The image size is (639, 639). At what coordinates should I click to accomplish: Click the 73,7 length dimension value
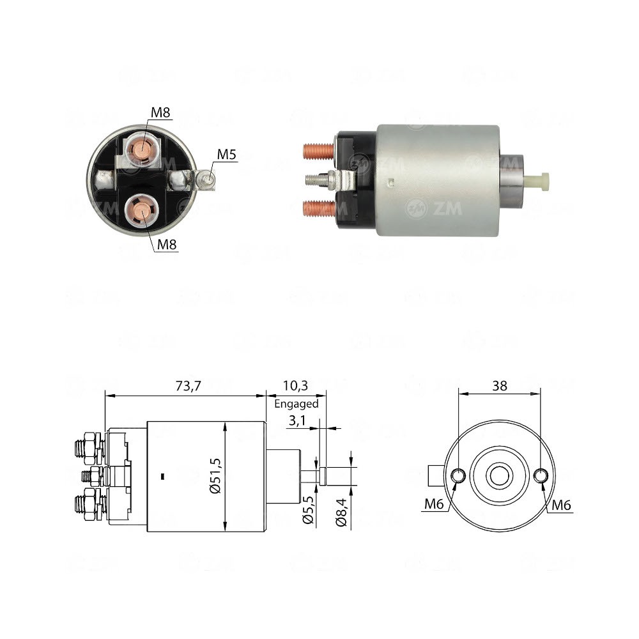(184, 385)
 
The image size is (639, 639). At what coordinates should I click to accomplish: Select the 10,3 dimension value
(295, 385)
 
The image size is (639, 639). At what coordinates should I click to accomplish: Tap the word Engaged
(296, 404)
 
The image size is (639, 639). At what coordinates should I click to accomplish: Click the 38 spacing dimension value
(500, 385)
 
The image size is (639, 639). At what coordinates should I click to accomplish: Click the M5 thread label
(227, 154)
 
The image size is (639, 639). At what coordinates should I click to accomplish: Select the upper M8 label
(160, 113)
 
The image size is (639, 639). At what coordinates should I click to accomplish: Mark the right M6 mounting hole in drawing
(541, 476)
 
